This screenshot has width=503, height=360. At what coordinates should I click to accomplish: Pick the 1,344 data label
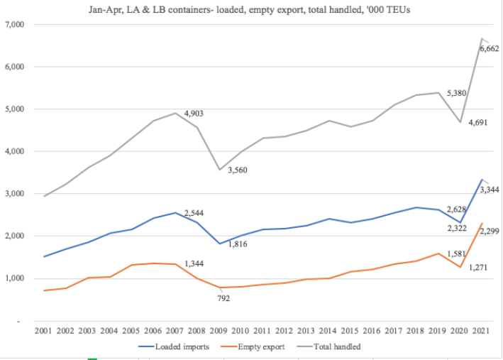(196, 264)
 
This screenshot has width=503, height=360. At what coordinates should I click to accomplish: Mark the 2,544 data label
(195, 213)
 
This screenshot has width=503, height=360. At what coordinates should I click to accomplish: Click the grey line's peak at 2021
(482, 38)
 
